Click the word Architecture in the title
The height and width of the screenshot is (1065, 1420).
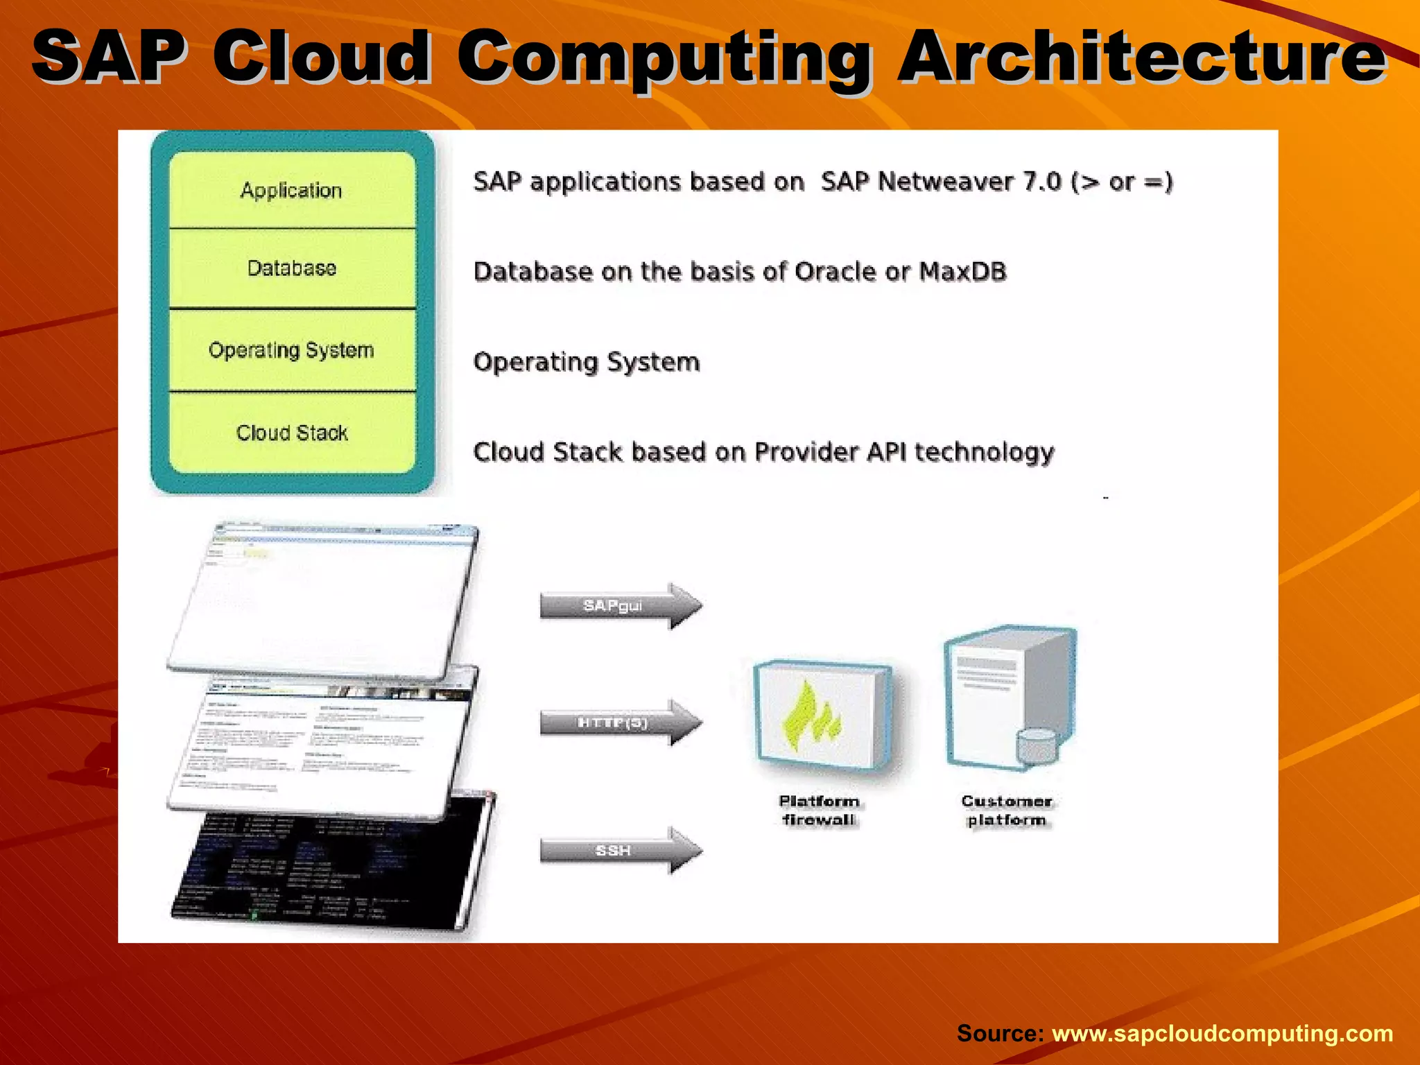[x=1141, y=57]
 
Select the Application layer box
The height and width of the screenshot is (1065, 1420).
[x=292, y=190]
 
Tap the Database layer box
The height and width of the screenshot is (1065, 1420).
[x=292, y=268]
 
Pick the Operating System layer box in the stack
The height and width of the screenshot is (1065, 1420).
[x=292, y=350]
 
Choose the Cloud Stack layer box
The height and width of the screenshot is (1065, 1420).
[x=292, y=433]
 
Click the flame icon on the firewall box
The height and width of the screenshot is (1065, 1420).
[x=811, y=718]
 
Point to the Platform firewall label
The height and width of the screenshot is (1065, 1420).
[x=819, y=811]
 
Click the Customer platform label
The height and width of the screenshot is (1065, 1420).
[x=1007, y=811]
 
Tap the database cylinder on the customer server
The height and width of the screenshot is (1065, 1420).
[x=1037, y=745]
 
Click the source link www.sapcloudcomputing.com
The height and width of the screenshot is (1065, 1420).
[x=1222, y=1033]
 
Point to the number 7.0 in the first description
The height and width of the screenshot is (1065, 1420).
[x=1042, y=182]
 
